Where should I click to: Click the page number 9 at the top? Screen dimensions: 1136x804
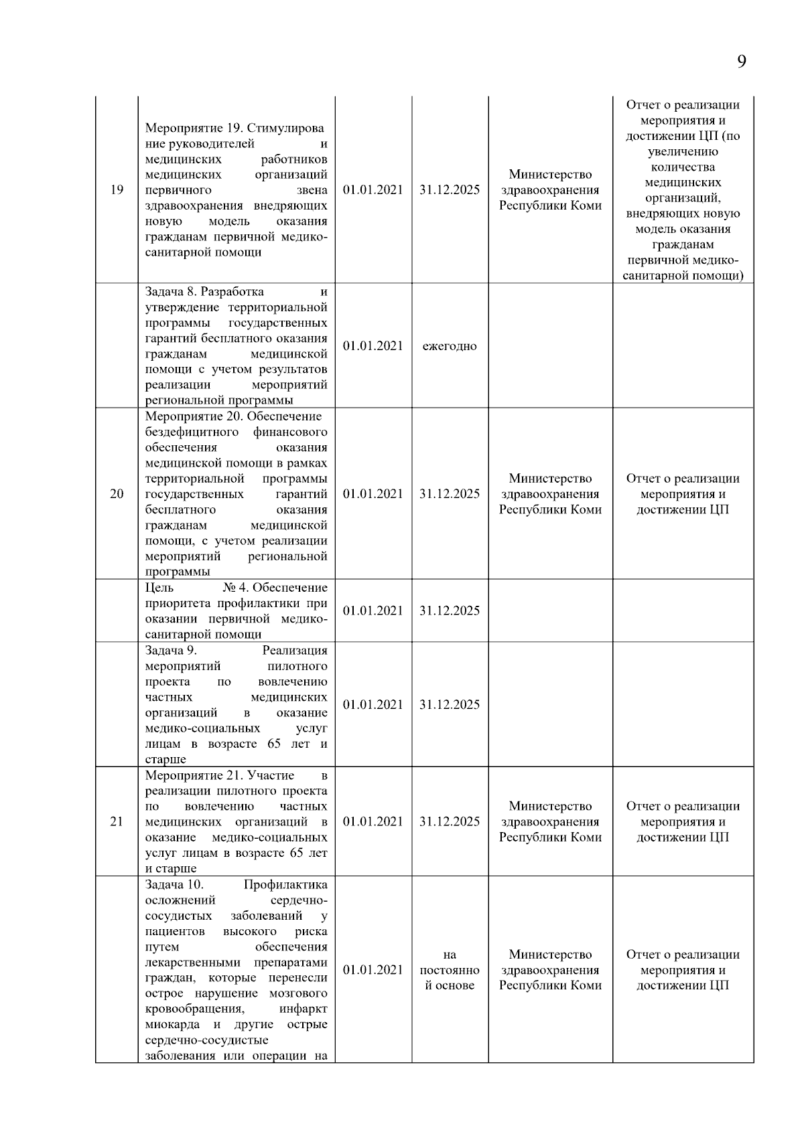(741, 62)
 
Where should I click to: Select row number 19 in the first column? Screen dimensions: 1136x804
(117, 189)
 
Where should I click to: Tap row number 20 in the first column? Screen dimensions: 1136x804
(117, 494)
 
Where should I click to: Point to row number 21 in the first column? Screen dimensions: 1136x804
(117, 821)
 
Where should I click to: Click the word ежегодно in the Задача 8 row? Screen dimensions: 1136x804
(450, 346)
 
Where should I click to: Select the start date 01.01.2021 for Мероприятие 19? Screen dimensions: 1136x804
(373, 189)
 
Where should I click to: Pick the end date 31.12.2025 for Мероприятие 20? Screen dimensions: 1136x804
(450, 494)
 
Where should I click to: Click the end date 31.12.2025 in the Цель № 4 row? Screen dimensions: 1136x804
(450, 611)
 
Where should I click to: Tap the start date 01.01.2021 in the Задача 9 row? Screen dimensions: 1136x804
(373, 704)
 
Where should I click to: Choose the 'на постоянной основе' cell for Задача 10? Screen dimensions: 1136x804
(450, 970)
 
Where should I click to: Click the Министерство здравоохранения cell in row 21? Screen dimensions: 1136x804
(550, 821)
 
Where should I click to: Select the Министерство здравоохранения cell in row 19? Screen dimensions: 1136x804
(550, 189)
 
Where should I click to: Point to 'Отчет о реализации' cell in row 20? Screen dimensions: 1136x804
(683, 494)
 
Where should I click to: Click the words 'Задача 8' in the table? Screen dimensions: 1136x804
(171, 292)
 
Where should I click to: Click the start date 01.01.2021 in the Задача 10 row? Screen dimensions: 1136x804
(373, 970)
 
